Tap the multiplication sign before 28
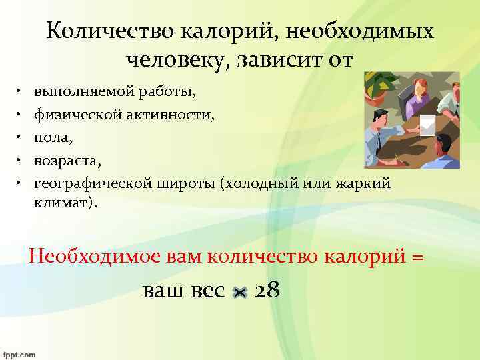pyautogui.click(x=241, y=292)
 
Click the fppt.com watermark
pyautogui.click(x=18, y=354)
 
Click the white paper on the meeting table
pyautogui.click(x=425, y=123)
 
